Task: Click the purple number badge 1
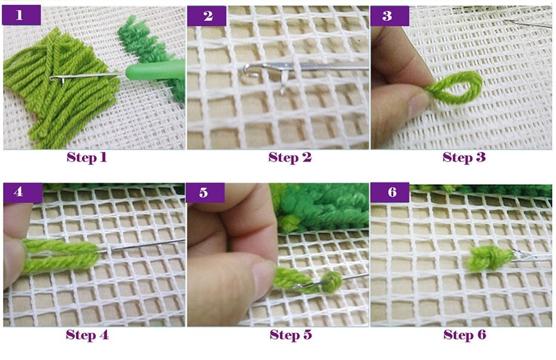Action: point(22,15)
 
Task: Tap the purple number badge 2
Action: point(207,16)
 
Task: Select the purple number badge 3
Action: point(390,16)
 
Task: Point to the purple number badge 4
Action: point(23,193)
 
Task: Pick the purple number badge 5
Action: point(205,193)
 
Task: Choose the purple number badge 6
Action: point(390,193)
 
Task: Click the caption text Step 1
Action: point(87,157)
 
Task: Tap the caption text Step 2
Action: point(290,157)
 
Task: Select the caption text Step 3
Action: point(464,157)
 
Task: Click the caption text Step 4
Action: point(87,334)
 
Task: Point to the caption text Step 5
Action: point(291,334)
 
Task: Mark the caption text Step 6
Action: point(465,334)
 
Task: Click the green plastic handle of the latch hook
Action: point(155,71)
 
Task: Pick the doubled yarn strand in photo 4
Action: point(61,256)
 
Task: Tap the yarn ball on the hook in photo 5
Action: point(332,282)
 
